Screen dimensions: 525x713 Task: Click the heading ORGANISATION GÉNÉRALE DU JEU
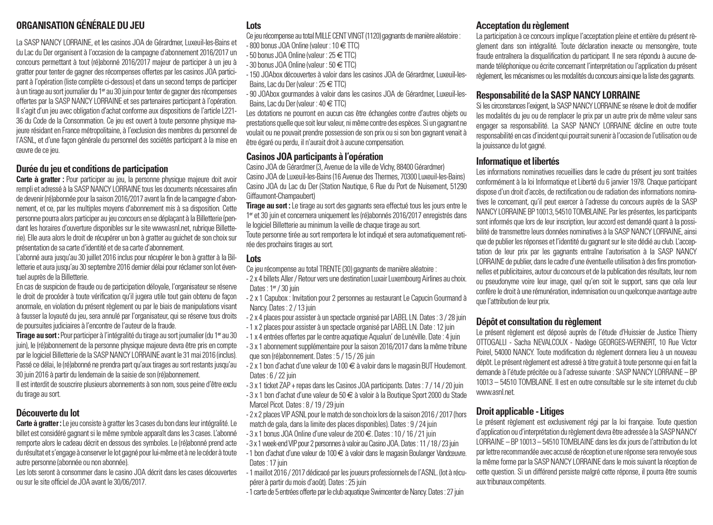(80, 26)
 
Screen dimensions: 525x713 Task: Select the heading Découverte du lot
(48, 413)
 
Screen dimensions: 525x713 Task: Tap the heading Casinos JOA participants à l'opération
(315, 156)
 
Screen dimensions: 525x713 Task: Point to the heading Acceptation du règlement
(522, 26)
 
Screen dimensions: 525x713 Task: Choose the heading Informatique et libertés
(518, 161)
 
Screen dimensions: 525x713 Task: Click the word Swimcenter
(388, 492)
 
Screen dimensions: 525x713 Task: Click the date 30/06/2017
(131, 482)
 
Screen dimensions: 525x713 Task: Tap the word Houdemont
(447, 366)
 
